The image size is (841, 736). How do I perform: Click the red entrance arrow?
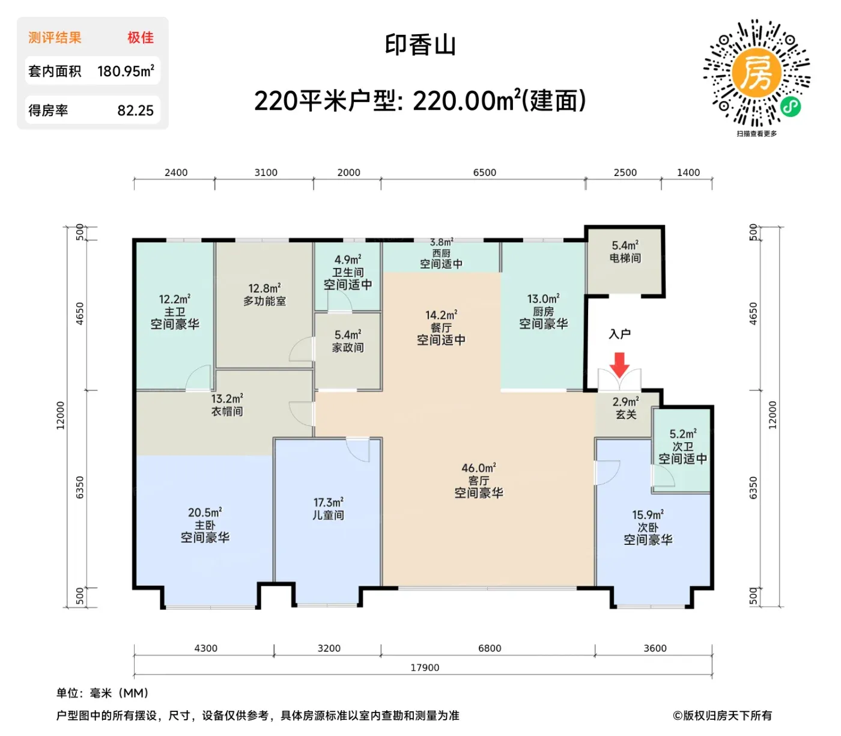[x=619, y=364]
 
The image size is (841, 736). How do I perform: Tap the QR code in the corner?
[x=756, y=73]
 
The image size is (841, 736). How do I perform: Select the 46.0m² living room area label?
[x=478, y=468]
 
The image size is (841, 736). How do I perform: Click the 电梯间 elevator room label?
[x=625, y=258]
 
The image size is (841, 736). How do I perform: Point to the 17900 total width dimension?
[x=425, y=668]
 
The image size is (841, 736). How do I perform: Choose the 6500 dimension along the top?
[x=485, y=172]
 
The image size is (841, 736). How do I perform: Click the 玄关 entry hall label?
[x=626, y=414]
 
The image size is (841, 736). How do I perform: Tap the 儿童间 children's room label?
[x=327, y=515]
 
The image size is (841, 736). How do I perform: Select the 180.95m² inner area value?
[x=126, y=71]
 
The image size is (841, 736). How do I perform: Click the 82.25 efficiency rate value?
[x=135, y=110]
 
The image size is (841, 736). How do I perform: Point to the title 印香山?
[x=420, y=45]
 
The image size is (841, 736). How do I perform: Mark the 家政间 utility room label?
[x=348, y=347]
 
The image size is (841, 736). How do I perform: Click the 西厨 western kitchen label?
[x=441, y=253]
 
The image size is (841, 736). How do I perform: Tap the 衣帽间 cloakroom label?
[x=227, y=411]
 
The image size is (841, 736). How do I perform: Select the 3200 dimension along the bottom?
[x=329, y=648]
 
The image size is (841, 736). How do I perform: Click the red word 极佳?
[x=140, y=37]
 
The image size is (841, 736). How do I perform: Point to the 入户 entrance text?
[x=619, y=334]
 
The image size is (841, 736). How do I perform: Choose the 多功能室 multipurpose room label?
[x=264, y=301]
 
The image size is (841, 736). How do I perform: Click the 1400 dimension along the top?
[x=688, y=172]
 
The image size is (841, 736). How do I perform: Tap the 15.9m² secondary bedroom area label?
[x=648, y=514]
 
